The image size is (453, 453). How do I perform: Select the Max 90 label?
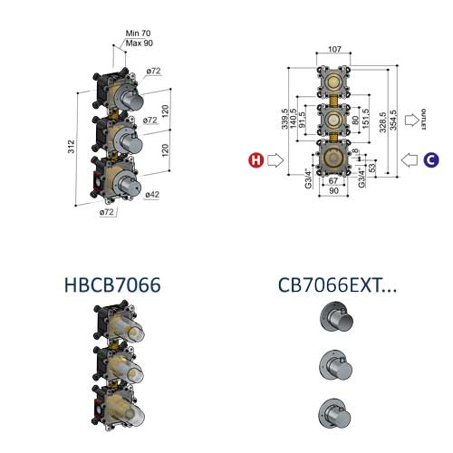[x=140, y=43]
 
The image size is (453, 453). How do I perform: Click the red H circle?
[x=257, y=160]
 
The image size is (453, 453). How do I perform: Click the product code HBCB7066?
[x=112, y=284]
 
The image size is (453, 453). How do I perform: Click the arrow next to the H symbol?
[x=276, y=160]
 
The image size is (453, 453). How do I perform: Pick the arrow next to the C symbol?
[x=410, y=160]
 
